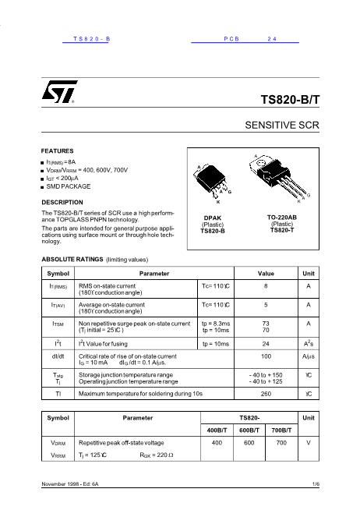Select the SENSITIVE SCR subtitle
(x=282, y=125)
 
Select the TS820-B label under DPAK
(x=213, y=231)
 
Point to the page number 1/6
(x=316, y=486)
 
